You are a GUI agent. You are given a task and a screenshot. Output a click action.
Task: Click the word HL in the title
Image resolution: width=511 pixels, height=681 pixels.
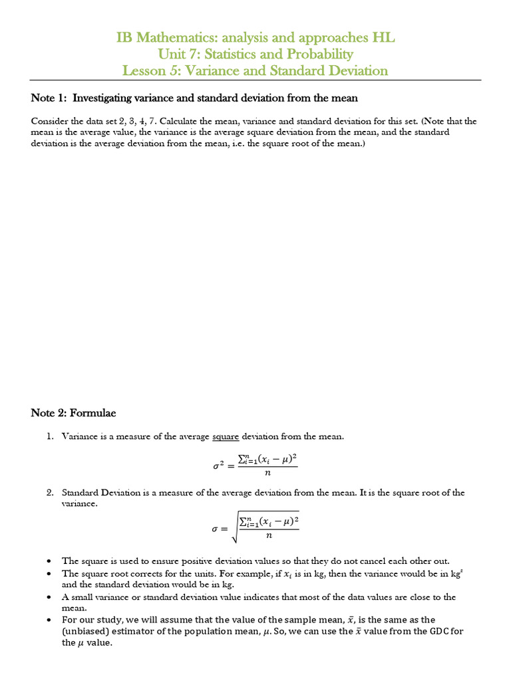click(384, 38)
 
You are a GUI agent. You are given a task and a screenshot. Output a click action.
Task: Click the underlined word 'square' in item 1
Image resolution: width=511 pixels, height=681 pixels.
click(226, 436)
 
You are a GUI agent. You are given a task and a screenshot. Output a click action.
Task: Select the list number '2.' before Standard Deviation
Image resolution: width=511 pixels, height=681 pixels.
click(50, 493)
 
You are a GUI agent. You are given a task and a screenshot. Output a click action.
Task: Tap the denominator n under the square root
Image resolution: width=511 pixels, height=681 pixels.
click(269, 535)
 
